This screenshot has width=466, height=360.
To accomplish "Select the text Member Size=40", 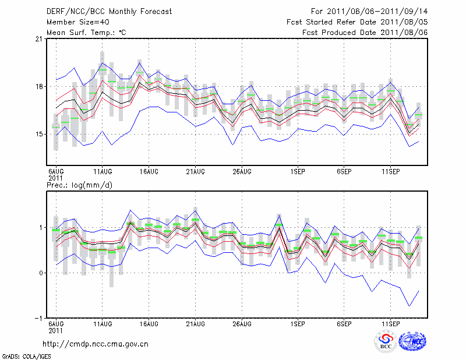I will [76, 22].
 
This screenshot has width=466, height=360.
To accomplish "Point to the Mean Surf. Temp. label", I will [86, 33].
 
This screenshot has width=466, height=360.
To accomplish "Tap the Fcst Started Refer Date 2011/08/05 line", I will [358, 22].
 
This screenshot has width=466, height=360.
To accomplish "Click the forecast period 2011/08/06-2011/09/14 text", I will [369, 12].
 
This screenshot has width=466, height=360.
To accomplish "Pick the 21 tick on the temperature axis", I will [38, 39].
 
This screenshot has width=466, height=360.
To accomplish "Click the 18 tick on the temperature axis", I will [38, 87].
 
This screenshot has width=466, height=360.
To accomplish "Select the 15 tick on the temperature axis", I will [38, 135].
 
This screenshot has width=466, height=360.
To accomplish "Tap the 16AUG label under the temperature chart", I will [149, 171].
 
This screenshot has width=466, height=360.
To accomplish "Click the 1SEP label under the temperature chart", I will [298, 171].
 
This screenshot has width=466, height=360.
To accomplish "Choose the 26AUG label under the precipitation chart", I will [242, 323].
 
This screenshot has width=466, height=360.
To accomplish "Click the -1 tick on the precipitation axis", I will [38, 319].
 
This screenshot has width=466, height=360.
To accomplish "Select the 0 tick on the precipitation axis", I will [40, 273].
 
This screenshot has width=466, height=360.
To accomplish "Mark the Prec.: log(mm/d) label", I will [79, 185].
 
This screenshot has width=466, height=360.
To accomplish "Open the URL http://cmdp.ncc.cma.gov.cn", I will [96, 344].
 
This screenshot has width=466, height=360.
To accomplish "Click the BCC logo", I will [386, 341].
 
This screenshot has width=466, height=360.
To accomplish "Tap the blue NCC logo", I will [412, 341].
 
